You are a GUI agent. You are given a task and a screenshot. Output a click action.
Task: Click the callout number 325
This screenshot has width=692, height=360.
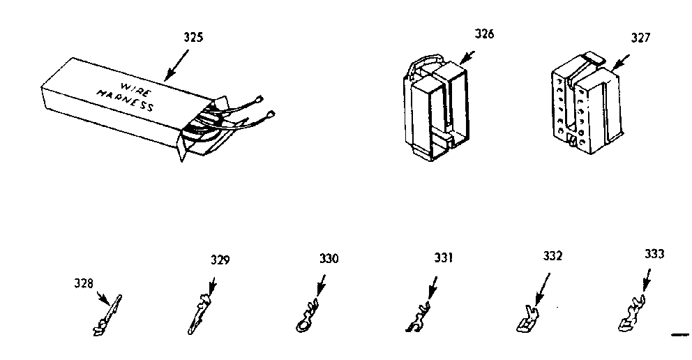coord(194,38)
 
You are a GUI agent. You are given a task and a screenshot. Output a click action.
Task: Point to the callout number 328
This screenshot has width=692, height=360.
coord(83,283)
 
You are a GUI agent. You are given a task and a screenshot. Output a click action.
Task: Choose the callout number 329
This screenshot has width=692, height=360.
coord(220,260)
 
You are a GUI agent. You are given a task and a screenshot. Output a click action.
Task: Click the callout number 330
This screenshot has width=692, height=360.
coord(329,259)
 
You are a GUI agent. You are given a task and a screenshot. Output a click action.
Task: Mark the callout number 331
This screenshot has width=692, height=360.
coord(442,258)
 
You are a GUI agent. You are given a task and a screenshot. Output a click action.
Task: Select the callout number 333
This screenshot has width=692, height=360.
coord(654,255)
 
